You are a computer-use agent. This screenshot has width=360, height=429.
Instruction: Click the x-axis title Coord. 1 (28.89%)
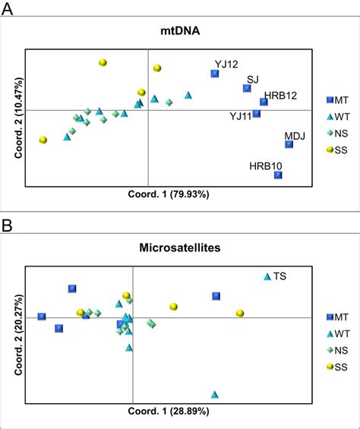pos(169,410)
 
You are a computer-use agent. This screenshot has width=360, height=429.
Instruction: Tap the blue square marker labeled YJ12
pos(215,74)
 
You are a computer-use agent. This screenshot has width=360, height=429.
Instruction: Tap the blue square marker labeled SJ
pos(247,89)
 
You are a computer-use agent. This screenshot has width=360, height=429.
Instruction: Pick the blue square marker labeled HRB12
pos(264,102)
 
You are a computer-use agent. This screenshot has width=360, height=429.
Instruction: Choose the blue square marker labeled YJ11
pos(257,114)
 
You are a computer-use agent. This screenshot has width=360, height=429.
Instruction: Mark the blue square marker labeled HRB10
pos(278,175)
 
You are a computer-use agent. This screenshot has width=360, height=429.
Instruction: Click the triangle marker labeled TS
pos(267,277)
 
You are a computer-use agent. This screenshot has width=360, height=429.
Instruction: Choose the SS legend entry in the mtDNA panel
pos(339,150)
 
